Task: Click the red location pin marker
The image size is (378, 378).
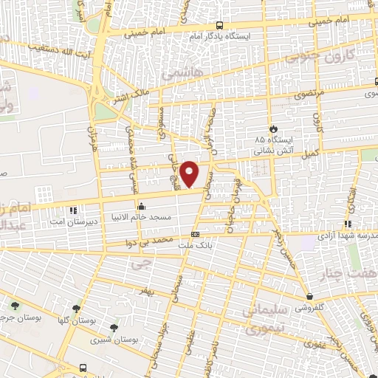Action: coord(190,173)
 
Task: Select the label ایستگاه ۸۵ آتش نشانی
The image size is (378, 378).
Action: coord(269,144)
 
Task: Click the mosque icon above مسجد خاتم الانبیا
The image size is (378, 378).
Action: coord(141,207)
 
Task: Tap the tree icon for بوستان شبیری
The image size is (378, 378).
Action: coord(113,328)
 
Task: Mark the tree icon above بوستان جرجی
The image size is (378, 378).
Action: coord(16,305)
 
